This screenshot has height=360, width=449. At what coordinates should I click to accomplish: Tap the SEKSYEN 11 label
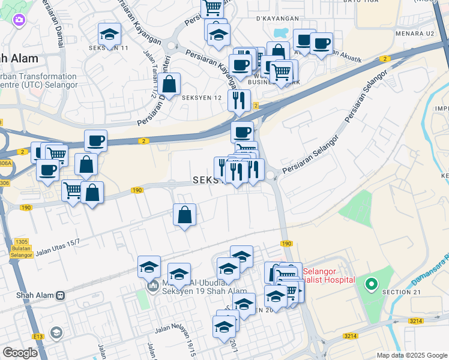[109, 47]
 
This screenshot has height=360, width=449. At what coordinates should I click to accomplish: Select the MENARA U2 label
[417, 34]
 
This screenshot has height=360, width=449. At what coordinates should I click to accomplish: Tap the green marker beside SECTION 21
[372, 284]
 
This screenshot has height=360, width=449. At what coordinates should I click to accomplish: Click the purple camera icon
[19, 21]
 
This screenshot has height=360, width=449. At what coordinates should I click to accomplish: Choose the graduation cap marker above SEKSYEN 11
[109, 34]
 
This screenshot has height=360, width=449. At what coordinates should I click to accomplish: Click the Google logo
[20, 353]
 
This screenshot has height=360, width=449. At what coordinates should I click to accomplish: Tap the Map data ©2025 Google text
[411, 355]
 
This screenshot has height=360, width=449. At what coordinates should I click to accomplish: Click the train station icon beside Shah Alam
[60, 295]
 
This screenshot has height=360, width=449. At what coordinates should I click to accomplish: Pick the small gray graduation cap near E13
[56, 332]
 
